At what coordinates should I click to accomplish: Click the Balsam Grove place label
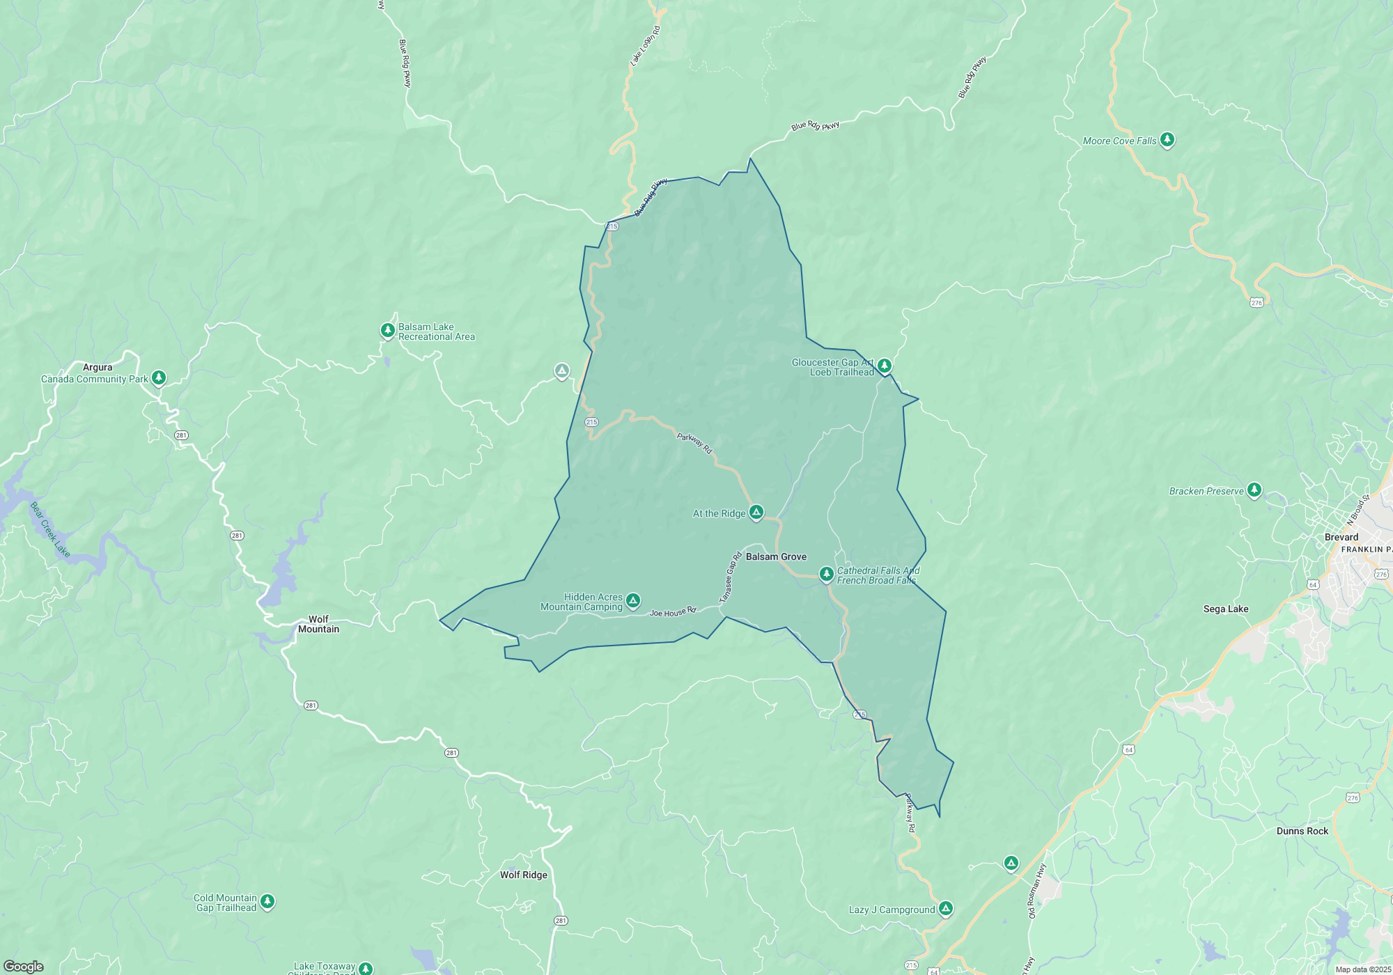[776, 557]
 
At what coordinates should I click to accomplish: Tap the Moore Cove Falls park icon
[1167, 140]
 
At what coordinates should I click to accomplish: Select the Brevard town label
[1341, 537]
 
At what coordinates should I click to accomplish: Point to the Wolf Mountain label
[318, 624]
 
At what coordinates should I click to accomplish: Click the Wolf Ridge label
[524, 875]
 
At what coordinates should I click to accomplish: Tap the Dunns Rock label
[1302, 831]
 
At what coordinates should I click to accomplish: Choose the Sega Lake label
[1226, 609]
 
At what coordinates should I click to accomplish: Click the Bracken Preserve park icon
[1254, 490]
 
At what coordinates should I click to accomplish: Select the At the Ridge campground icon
[756, 513]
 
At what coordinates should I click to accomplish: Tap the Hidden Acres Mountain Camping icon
[632, 600]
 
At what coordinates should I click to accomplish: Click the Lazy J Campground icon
[945, 909]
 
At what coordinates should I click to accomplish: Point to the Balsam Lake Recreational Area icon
[387, 330]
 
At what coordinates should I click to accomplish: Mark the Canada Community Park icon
[159, 377]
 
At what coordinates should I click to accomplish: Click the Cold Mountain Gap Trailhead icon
[267, 902]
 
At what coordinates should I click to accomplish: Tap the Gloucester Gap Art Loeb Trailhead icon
[884, 366]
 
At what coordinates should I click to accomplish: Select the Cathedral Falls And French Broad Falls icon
[826, 574]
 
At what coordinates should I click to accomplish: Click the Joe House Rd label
[673, 612]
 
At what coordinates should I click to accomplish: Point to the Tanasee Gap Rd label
[731, 577]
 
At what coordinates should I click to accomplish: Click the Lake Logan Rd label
[645, 46]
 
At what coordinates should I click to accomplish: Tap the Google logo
[24, 967]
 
